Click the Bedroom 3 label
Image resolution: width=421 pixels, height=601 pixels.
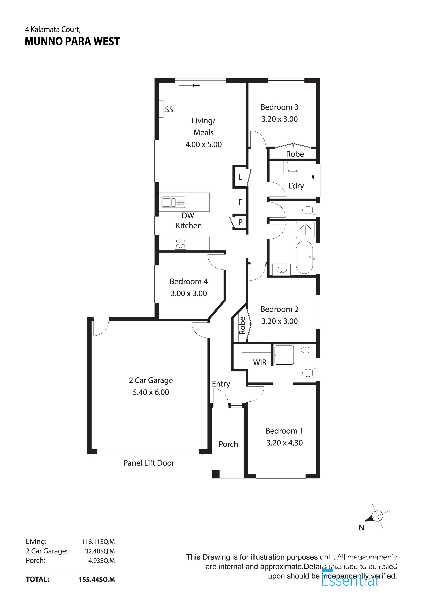[x=279, y=107]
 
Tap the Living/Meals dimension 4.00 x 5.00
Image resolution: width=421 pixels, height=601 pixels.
[x=203, y=145]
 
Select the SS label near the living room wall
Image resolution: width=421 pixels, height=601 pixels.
[x=169, y=109]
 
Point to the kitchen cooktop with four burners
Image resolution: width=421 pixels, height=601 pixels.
[x=181, y=243]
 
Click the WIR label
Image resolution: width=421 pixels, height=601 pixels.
[x=259, y=362]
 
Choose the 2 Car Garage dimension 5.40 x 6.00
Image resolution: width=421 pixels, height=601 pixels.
[x=151, y=392]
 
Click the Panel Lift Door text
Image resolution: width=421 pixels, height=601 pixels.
[x=149, y=463]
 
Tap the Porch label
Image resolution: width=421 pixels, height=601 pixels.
[x=228, y=444]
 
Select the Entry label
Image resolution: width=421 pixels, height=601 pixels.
[x=221, y=384]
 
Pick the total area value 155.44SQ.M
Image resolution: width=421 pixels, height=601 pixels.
[x=97, y=579]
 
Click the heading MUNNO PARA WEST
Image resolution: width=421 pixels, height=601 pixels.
[x=72, y=41]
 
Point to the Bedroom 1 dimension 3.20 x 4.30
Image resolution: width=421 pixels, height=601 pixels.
[x=284, y=443]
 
